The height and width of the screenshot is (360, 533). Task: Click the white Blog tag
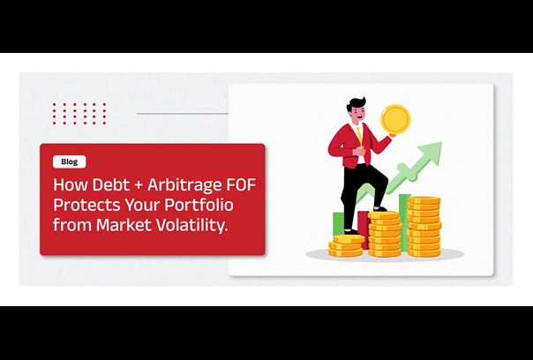click(70, 161)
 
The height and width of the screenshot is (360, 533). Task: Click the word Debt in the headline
click(111, 184)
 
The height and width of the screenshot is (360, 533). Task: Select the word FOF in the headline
click(241, 184)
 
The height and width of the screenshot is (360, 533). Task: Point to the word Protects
click(86, 205)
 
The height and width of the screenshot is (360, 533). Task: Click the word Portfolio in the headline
click(199, 206)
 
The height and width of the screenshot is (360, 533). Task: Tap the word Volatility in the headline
click(191, 226)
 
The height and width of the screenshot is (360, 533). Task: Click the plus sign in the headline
click(139, 185)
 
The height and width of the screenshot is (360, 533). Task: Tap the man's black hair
click(356, 104)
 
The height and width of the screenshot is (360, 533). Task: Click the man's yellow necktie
click(360, 134)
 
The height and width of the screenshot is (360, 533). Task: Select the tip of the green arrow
click(441, 142)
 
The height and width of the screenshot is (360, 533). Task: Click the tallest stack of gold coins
click(424, 227)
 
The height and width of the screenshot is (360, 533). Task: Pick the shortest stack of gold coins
click(345, 246)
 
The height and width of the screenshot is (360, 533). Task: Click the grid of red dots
click(79, 114)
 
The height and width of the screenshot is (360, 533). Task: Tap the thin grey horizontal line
click(183, 114)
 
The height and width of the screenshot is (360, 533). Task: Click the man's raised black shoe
click(379, 209)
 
